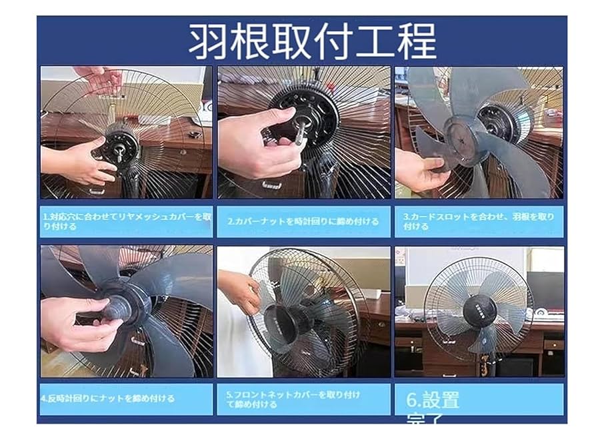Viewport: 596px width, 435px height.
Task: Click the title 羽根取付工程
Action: [x=311, y=41]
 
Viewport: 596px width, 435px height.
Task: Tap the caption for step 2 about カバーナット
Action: [x=303, y=221]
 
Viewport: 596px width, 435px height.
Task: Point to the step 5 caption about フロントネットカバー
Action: [x=293, y=399]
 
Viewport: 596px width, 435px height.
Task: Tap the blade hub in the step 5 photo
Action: [x=293, y=323]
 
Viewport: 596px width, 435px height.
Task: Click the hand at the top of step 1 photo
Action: [x=100, y=78]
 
